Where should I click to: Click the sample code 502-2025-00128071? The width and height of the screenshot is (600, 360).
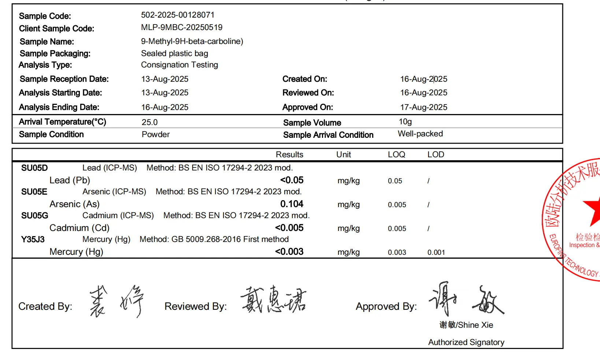pos(178,15)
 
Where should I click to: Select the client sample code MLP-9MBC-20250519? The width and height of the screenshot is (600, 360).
pos(182,27)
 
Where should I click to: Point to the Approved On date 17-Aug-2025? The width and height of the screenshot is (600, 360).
pos(423,107)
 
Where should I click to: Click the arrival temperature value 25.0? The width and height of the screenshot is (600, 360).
pos(149,122)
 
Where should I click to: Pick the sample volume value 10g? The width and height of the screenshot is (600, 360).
pos(405,122)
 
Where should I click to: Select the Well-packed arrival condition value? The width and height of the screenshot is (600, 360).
pos(420,134)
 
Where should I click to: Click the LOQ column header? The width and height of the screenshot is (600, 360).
pos(396,155)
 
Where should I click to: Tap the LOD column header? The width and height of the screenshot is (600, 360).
pos(436,155)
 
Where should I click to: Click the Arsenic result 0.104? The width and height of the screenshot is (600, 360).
pos(292,204)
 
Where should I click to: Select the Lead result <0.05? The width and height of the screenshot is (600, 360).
pos(292,180)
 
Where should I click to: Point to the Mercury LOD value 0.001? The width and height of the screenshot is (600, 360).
pos(436,253)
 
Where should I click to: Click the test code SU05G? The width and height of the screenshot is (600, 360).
pos(34,216)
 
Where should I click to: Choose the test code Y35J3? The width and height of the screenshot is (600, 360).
pos(33,239)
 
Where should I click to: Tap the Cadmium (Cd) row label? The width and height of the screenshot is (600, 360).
pos(79,228)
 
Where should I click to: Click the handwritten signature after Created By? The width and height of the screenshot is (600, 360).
pos(116,301)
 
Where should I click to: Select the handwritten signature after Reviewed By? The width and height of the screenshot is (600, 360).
pos(273,300)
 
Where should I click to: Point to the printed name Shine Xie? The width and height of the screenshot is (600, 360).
pos(475,325)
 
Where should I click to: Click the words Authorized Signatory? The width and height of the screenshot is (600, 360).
pos(466,342)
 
